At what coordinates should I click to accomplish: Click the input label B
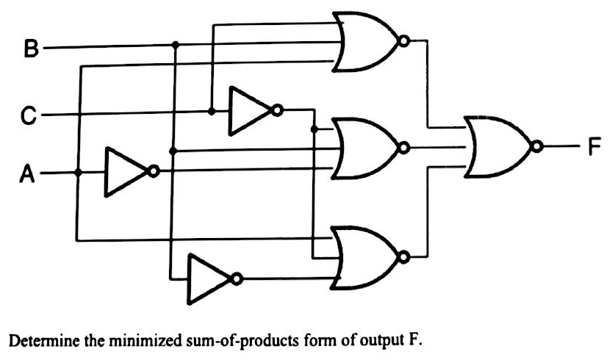(x=29, y=51)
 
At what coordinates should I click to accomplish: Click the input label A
(x=26, y=174)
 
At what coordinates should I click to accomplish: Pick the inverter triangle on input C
(x=250, y=112)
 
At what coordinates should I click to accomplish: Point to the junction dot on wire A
(x=78, y=173)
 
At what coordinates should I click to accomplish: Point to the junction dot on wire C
(x=211, y=112)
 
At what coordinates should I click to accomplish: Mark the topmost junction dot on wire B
(x=175, y=46)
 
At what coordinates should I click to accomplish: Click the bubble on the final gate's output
(x=540, y=148)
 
